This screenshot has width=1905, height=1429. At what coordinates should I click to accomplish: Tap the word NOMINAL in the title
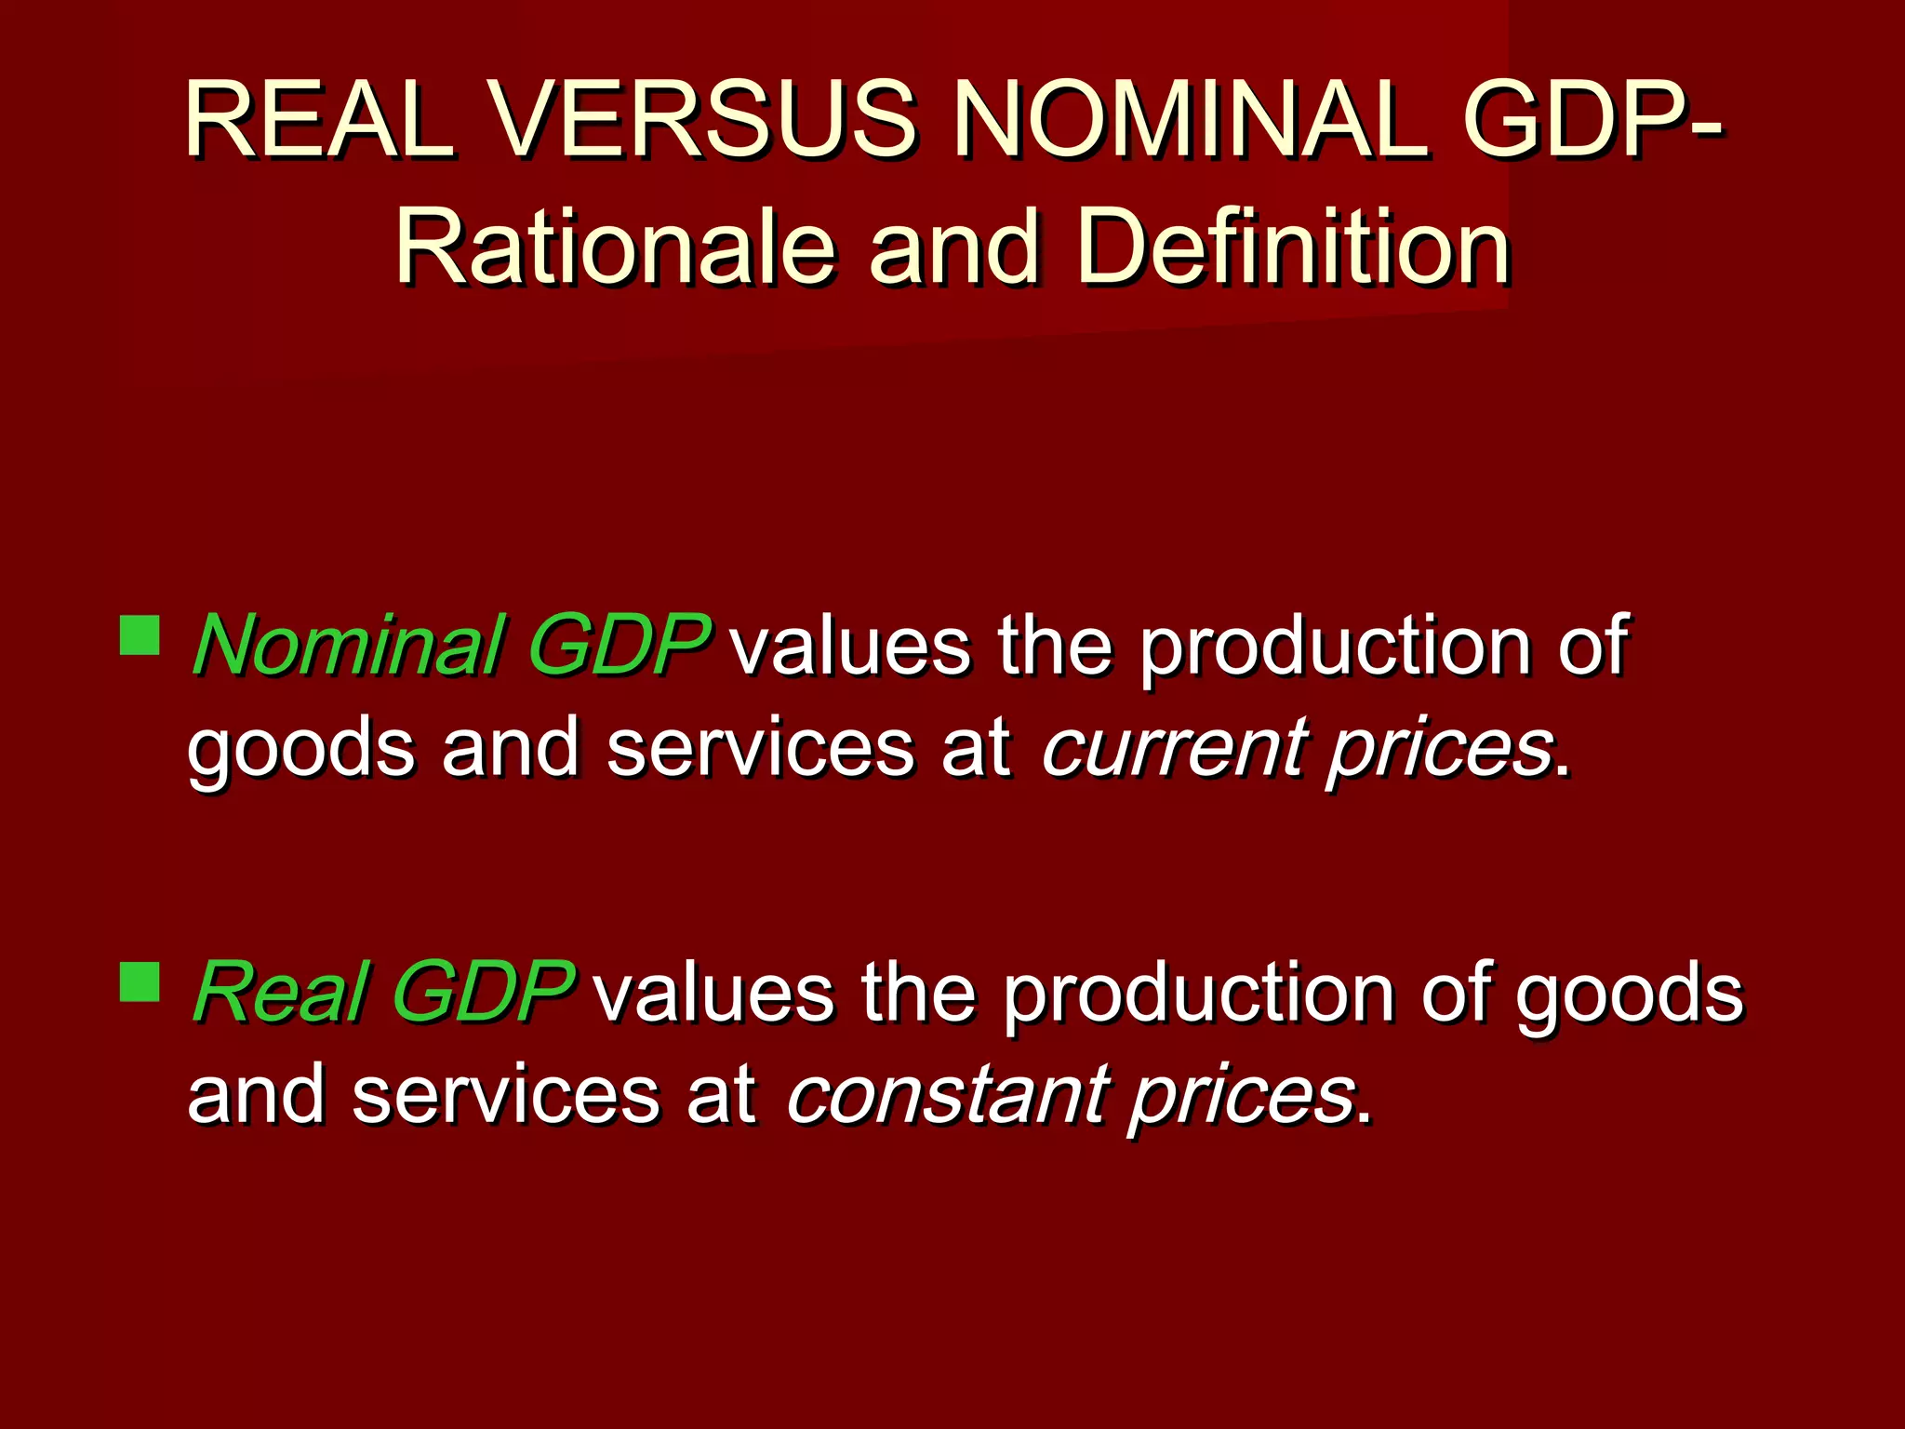(x=1192, y=120)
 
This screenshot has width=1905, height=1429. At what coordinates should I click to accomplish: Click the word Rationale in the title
(x=615, y=247)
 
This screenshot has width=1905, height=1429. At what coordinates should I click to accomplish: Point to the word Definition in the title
(x=1293, y=247)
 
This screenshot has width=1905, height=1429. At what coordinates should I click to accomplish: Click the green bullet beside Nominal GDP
(x=140, y=634)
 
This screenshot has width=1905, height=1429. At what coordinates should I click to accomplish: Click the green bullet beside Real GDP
(x=140, y=981)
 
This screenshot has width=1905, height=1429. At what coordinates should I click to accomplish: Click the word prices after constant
(x=1243, y=1096)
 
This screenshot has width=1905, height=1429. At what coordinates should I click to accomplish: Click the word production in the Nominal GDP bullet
(x=1336, y=648)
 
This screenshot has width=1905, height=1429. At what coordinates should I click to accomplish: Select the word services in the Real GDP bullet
(x=506, y=1096)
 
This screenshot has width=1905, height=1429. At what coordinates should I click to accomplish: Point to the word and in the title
(x=953, y=247)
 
